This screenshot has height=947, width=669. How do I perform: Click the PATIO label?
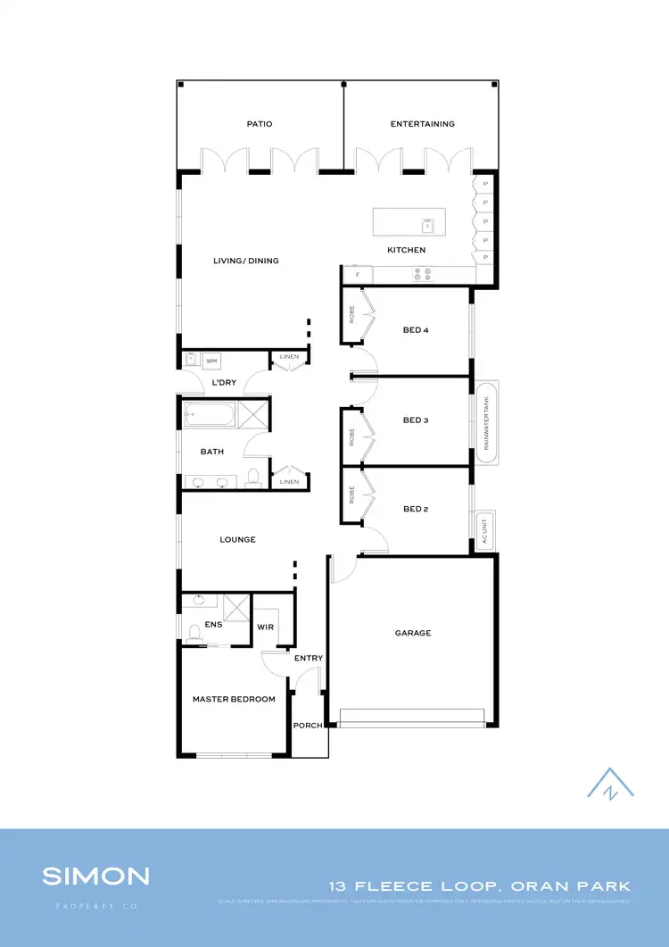tap(260, 124)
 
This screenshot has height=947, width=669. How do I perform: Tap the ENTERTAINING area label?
tap(422, 124)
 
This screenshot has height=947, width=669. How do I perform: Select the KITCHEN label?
tap(406, 250)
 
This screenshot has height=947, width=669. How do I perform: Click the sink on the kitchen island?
tap(427, 225)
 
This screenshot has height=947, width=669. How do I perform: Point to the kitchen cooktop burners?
tap(421, 275)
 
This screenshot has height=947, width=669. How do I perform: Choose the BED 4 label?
tap(416, 330)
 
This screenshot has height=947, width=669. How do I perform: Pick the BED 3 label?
tap(416, 420)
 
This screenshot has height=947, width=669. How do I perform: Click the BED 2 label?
tap(416, 509)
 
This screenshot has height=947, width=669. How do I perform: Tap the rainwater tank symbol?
tap(486, 421)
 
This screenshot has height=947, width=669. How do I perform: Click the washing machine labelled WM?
tap(211, 361)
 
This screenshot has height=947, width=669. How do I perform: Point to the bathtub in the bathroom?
tap(211, 415)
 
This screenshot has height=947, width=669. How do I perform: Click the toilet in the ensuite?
tap(194, 632)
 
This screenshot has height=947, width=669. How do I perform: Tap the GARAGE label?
tap(413, 633)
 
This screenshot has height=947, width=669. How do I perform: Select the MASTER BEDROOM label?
tap(234, 699)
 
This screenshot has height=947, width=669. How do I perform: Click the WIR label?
tap(265, 627)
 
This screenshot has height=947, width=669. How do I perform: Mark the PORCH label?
tap(308, 725)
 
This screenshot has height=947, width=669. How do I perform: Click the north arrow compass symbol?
tap(610, 783)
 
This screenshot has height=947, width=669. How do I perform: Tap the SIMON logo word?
tap(95, 876)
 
